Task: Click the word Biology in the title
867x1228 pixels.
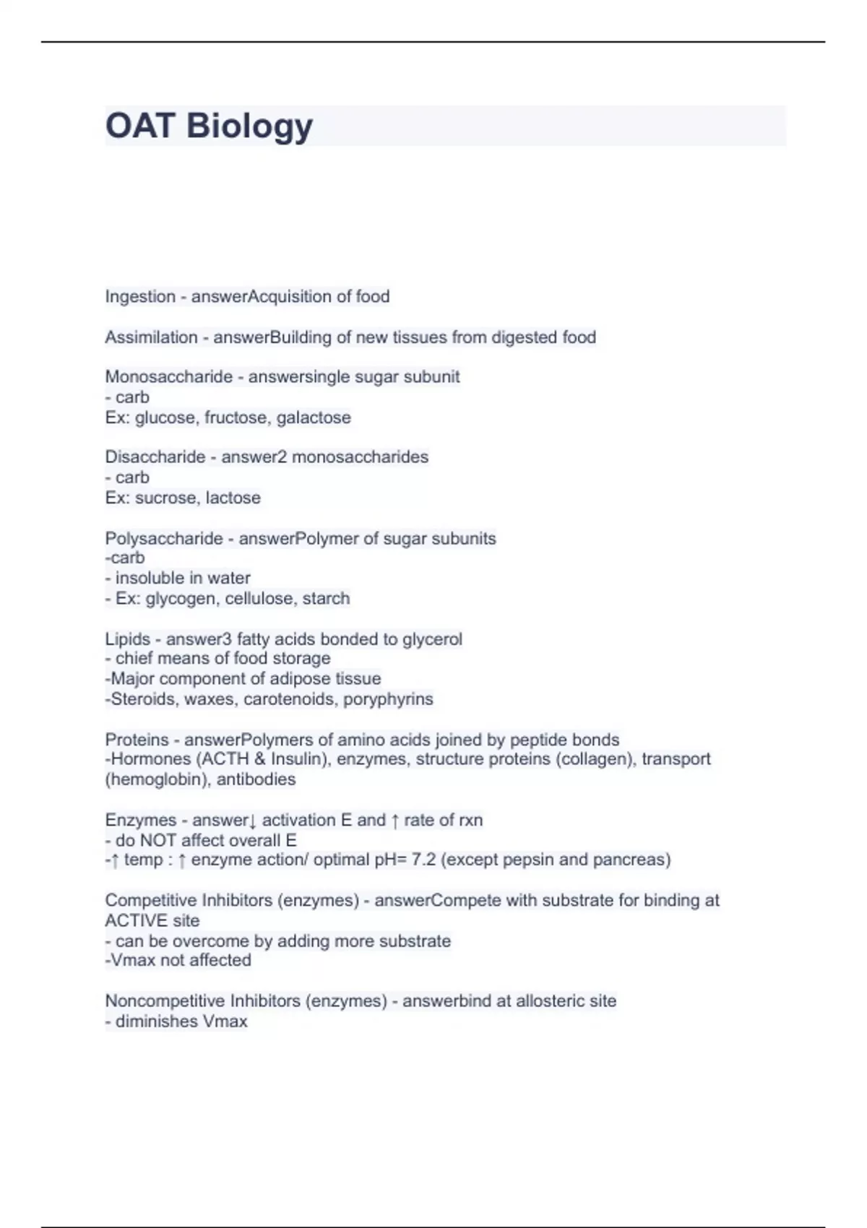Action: tap(249, 126)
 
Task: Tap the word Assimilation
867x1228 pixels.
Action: tap(151, 337)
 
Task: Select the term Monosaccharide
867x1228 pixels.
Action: tap(168, 377)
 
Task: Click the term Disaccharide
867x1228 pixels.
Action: tap(155, 457)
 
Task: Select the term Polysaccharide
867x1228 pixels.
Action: tap(164, 539)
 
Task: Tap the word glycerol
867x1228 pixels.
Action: tap(433, 639)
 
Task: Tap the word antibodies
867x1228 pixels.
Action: tap(256, 779)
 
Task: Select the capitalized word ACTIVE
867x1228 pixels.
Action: tap(131, 921)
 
